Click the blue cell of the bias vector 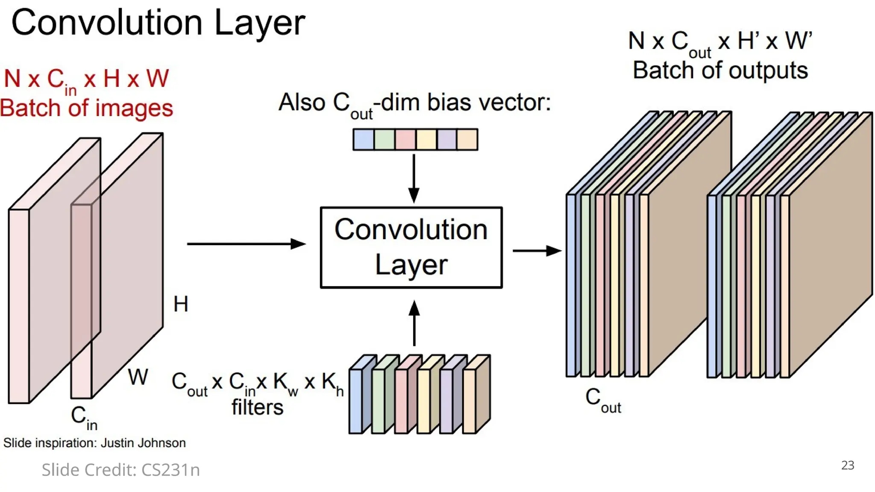[364, 140]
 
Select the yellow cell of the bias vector [426, 140]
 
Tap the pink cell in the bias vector [405, 140]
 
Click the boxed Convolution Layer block [411, 247]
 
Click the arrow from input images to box [246, 244]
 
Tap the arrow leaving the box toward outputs [536, 251]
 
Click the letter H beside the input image [181, 304]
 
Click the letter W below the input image [138, 377]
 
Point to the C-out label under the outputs [602, 400]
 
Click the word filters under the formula [257, 407]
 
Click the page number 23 [847, 465]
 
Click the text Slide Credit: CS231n [120, 470]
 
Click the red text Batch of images [86, 108]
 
